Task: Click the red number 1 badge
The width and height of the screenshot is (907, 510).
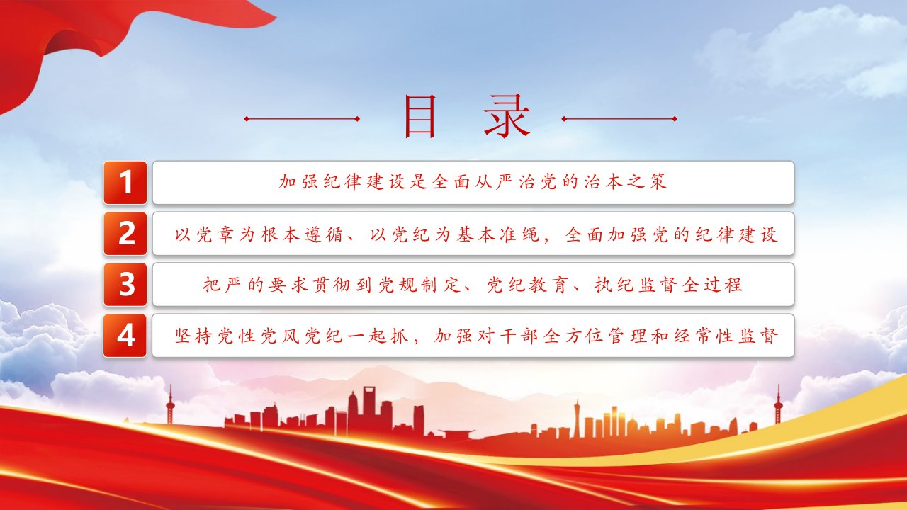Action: click(x=125, y=183)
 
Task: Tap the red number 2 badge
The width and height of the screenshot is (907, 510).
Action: click(x=125, y=234)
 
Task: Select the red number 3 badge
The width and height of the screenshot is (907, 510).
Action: click(x=125, y=285)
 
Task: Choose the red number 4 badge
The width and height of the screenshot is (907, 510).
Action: click(x=125, y=336)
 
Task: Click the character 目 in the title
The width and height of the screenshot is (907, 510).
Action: click(x=420, y=117)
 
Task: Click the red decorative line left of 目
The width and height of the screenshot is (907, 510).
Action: click(x=302, y=119)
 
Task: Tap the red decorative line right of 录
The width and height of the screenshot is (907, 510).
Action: click(x=619, y=119)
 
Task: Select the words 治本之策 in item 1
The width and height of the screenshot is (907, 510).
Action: click(x=625, y=182)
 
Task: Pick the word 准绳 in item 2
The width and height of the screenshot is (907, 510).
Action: click(x=519, y=234)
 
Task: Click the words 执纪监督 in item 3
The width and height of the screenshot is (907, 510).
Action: click(x=636, y=285)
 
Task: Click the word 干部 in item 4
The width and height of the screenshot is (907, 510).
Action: click(x=519, y=336)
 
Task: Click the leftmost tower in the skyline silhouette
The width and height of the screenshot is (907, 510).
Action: click(x=171, y=404)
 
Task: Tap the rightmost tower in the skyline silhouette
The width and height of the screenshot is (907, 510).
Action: click(x=777, y=404)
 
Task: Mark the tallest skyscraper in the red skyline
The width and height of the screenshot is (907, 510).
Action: click(x=369, y=409)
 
